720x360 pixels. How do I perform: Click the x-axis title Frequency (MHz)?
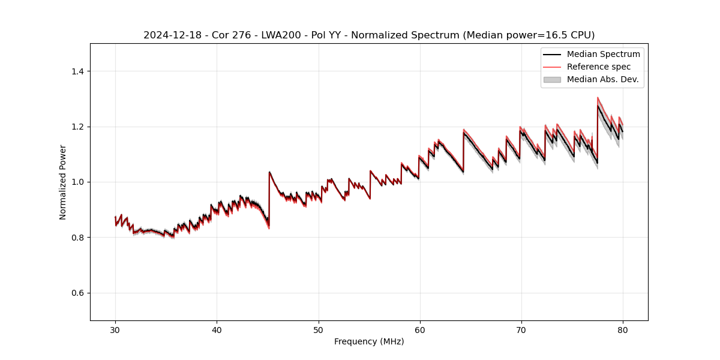[369, 341]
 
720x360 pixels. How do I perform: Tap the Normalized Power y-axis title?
[63, 182]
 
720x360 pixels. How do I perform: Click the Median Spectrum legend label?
[603, 55]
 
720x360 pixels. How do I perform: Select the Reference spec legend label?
[599, 67]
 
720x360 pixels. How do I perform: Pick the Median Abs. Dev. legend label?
[603, 79]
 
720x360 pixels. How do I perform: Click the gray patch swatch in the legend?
[552, 79]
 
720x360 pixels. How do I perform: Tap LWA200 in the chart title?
[272, 35]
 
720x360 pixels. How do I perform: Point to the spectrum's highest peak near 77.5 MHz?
[598, 98]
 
